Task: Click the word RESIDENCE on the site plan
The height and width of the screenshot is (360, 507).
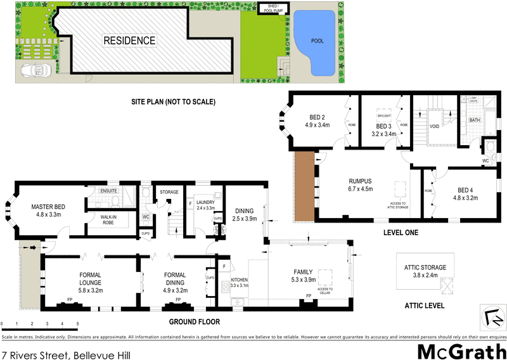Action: coord(129,41)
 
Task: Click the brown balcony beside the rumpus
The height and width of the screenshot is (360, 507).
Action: coord(305,185)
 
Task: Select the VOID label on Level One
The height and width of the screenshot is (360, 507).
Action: coord(434,126)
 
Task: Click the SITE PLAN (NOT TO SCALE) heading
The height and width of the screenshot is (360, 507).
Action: coord(174,101)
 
